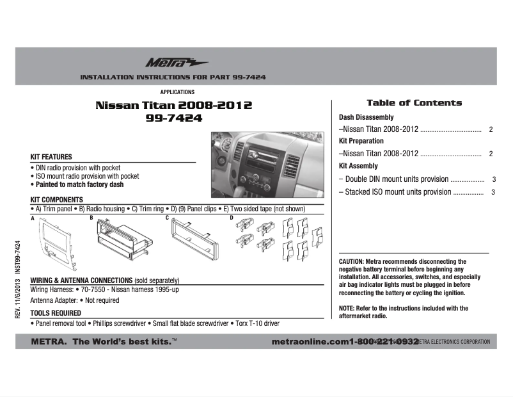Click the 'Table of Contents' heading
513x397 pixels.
(414, 102)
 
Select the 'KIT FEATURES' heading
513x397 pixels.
(51, 157)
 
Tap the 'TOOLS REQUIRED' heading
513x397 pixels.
(56, 313)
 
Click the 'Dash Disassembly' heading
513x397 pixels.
(366, 118)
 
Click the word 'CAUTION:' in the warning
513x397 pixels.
(351, 262)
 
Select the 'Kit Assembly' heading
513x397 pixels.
(358, 166)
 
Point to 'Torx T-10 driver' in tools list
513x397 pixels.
(256, 324)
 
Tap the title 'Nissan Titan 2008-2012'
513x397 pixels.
(173, 105)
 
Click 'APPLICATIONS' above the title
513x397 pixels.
(177, 92)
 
